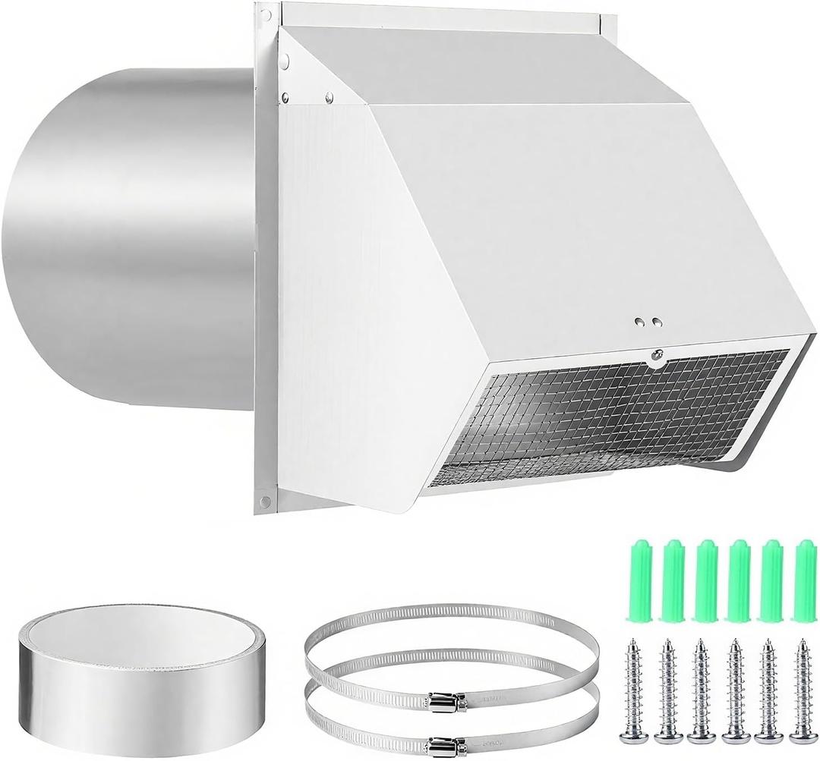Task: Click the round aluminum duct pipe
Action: (x=129, y=243)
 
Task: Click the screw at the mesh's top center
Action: (x=658, y=354)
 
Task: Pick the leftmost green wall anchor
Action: (x=639, y=580)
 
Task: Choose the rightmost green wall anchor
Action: (x=804, y=580)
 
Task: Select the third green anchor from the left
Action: (x=705, y=580)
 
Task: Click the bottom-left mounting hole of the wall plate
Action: (x=265, y=501)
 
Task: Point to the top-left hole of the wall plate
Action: (x=265, y=14)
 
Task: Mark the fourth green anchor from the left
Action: (x=738, y=580)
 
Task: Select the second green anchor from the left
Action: (x=673, y=580)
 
